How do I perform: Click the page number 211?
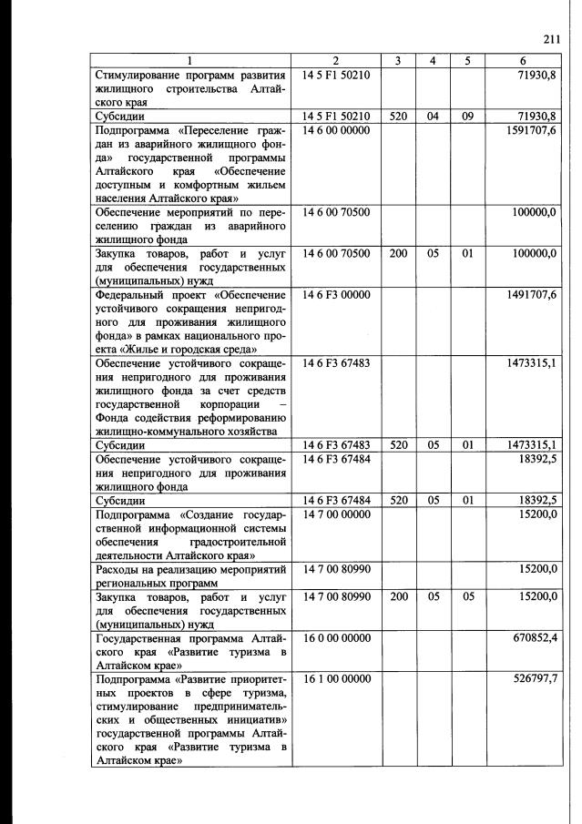(549, 38)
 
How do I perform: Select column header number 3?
(398, 61)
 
